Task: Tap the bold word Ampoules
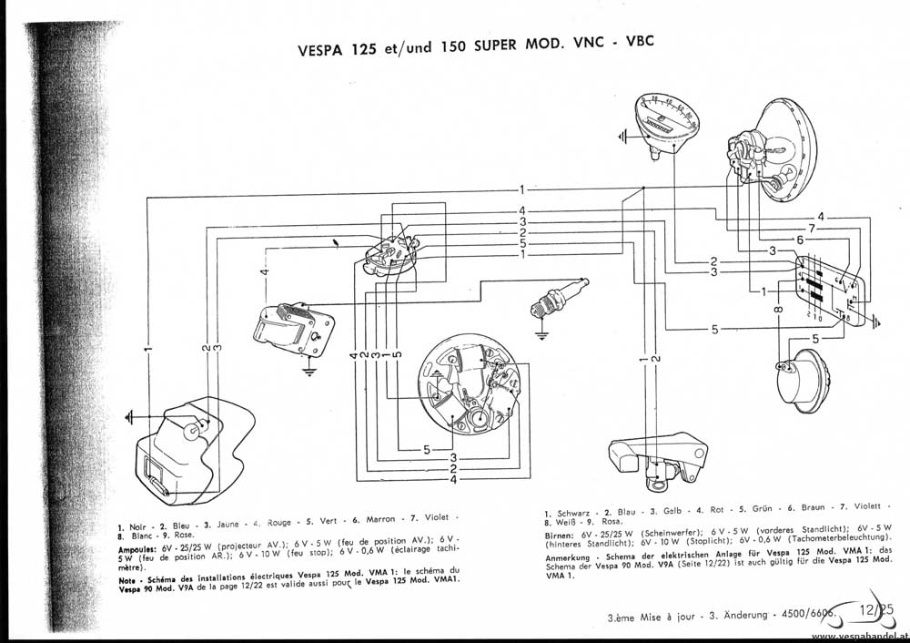click(x=138, y=550)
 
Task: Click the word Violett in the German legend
click(x=868, y=506)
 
